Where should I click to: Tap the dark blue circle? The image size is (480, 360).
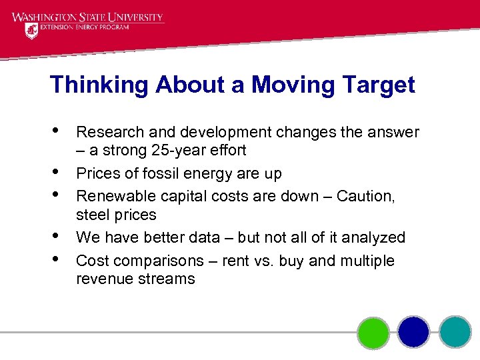413,331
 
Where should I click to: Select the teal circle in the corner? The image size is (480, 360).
455,331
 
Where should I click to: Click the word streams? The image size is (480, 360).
165,279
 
